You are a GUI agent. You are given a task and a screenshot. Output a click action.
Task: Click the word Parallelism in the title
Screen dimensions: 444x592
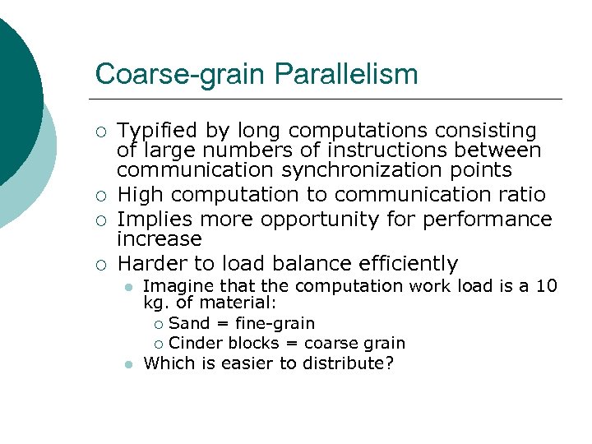pos(346,74)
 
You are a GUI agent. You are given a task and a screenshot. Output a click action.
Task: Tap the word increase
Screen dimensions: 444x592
pos(159,239)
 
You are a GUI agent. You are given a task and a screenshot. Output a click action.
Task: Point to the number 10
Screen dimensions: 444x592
pos(546,286)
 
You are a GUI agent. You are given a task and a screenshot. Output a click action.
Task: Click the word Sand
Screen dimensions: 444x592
pos(189,323)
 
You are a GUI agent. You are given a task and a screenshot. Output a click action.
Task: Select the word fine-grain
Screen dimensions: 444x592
pos(275,323)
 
